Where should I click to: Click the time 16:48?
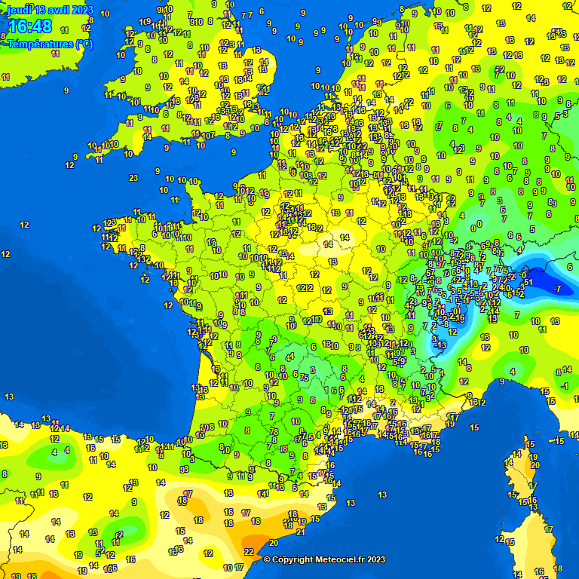click(x=30, y=27)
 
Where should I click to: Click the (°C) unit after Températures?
click(x=84, y=44)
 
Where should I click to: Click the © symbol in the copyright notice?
click(x=267, y=559)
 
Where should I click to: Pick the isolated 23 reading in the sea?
click(x=133, y=178)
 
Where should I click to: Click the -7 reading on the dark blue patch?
click(x=556, y=289)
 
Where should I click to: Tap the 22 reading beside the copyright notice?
click(x=249, y=552)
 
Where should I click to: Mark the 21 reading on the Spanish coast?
click(x=300, y=532)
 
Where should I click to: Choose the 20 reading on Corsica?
click(x=535, y=466)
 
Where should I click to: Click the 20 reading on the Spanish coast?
click(x=273, y=542)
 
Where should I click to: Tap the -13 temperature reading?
click(x=440, y=345)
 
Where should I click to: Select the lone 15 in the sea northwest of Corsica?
click(x=474, y=427)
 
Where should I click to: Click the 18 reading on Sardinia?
click(x=558, y=568)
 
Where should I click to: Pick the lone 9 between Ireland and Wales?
click(x=66, y=90)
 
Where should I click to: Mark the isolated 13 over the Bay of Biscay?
click(x=9, y=397)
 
